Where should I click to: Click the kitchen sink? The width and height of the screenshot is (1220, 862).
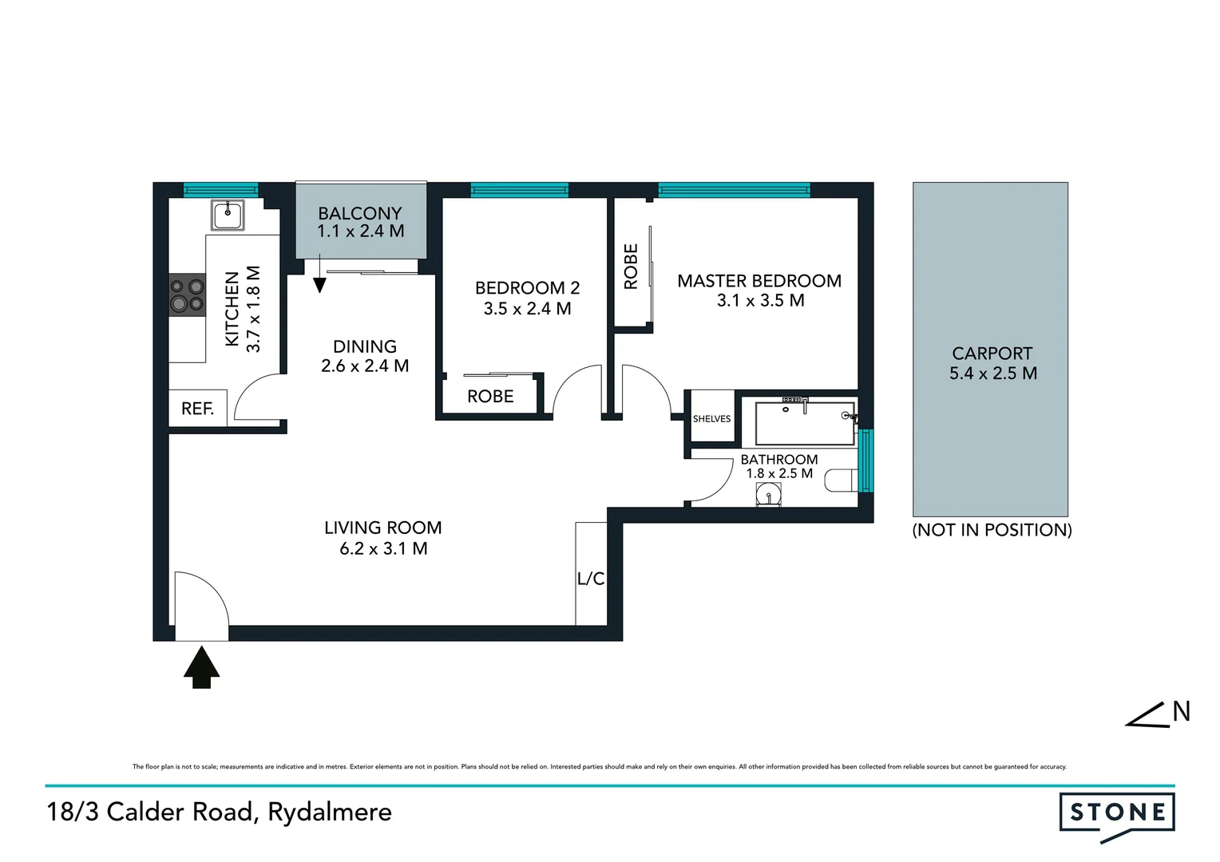[228, 215]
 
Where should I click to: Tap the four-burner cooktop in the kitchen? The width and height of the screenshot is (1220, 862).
[187, 295]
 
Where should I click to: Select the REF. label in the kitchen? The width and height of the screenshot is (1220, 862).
[197, 409]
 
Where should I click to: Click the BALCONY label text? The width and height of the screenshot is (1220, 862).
[360, 213]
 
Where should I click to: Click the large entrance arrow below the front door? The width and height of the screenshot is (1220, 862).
[201, 667]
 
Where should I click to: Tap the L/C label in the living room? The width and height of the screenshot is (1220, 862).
[591, 579]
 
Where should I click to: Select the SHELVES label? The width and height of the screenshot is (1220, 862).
[711, 418]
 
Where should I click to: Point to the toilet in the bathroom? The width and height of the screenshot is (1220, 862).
[841, 481]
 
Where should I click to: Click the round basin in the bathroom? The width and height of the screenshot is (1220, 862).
[769, 496]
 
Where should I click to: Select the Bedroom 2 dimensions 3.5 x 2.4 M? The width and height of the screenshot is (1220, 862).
[527, 309]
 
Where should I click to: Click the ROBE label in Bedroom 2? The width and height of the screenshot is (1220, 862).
[490, 397]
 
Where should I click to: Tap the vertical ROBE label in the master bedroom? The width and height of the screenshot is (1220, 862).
[631, 267]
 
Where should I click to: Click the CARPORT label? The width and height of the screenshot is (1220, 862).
[992, 353]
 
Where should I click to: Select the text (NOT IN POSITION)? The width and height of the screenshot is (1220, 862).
[992, 530]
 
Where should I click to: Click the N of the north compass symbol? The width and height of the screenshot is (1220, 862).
[1181, 711]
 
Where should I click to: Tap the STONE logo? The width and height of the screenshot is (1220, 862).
[1117, 813]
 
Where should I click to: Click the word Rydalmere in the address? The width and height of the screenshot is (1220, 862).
[330, 812]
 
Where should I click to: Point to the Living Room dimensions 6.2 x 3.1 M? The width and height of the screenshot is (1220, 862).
[383, 548]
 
